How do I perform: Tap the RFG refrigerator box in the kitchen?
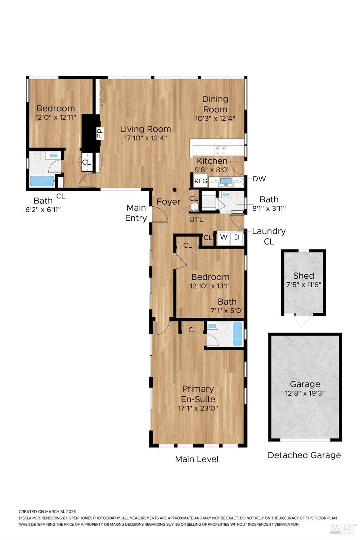[x=201, y=181]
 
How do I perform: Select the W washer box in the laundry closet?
[x=224, y=237]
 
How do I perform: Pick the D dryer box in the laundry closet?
[x=237, y=237]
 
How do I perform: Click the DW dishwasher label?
[x=259, y=179]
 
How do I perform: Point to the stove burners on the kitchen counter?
[x=221, y=150]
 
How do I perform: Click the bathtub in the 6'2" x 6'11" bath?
[x=42, y=181]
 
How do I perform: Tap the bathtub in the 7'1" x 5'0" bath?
[x=238, y=334]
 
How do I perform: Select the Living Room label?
[x=145, y=129]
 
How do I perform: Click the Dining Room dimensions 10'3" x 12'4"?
[x=215, y=118]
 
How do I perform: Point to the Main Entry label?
[x=136, y=213]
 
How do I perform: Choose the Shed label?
[x=303, y=276]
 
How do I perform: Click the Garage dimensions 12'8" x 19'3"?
[x=305, y=393]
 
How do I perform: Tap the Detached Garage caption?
[x=304, y=455]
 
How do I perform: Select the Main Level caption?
[x=197, y=459]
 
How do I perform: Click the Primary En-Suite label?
[x=198, y=394]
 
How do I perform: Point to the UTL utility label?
[x=196, y=220]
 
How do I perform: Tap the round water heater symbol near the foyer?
[x=194, y=207]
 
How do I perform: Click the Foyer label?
[x=168, y=202]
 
